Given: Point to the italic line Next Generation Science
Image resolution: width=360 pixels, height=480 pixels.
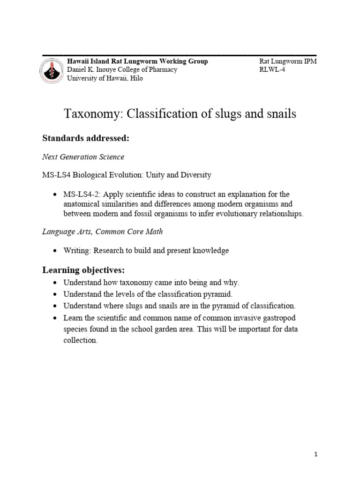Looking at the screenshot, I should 83,157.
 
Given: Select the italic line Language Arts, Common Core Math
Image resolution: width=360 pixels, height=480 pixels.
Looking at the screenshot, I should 103,232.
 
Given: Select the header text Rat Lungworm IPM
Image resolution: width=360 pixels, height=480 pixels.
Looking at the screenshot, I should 288,61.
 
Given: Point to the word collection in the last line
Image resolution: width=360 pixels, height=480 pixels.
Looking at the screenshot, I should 80,341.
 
